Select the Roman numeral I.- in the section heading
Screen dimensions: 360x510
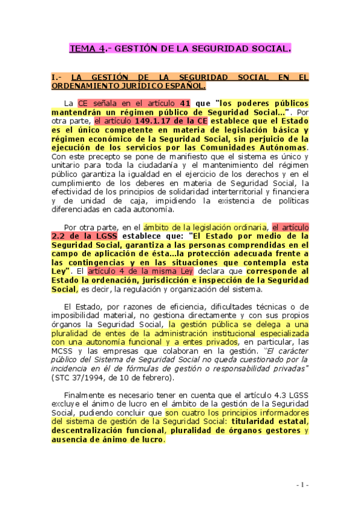coord(56,78)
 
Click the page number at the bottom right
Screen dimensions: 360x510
coord(302,485)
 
